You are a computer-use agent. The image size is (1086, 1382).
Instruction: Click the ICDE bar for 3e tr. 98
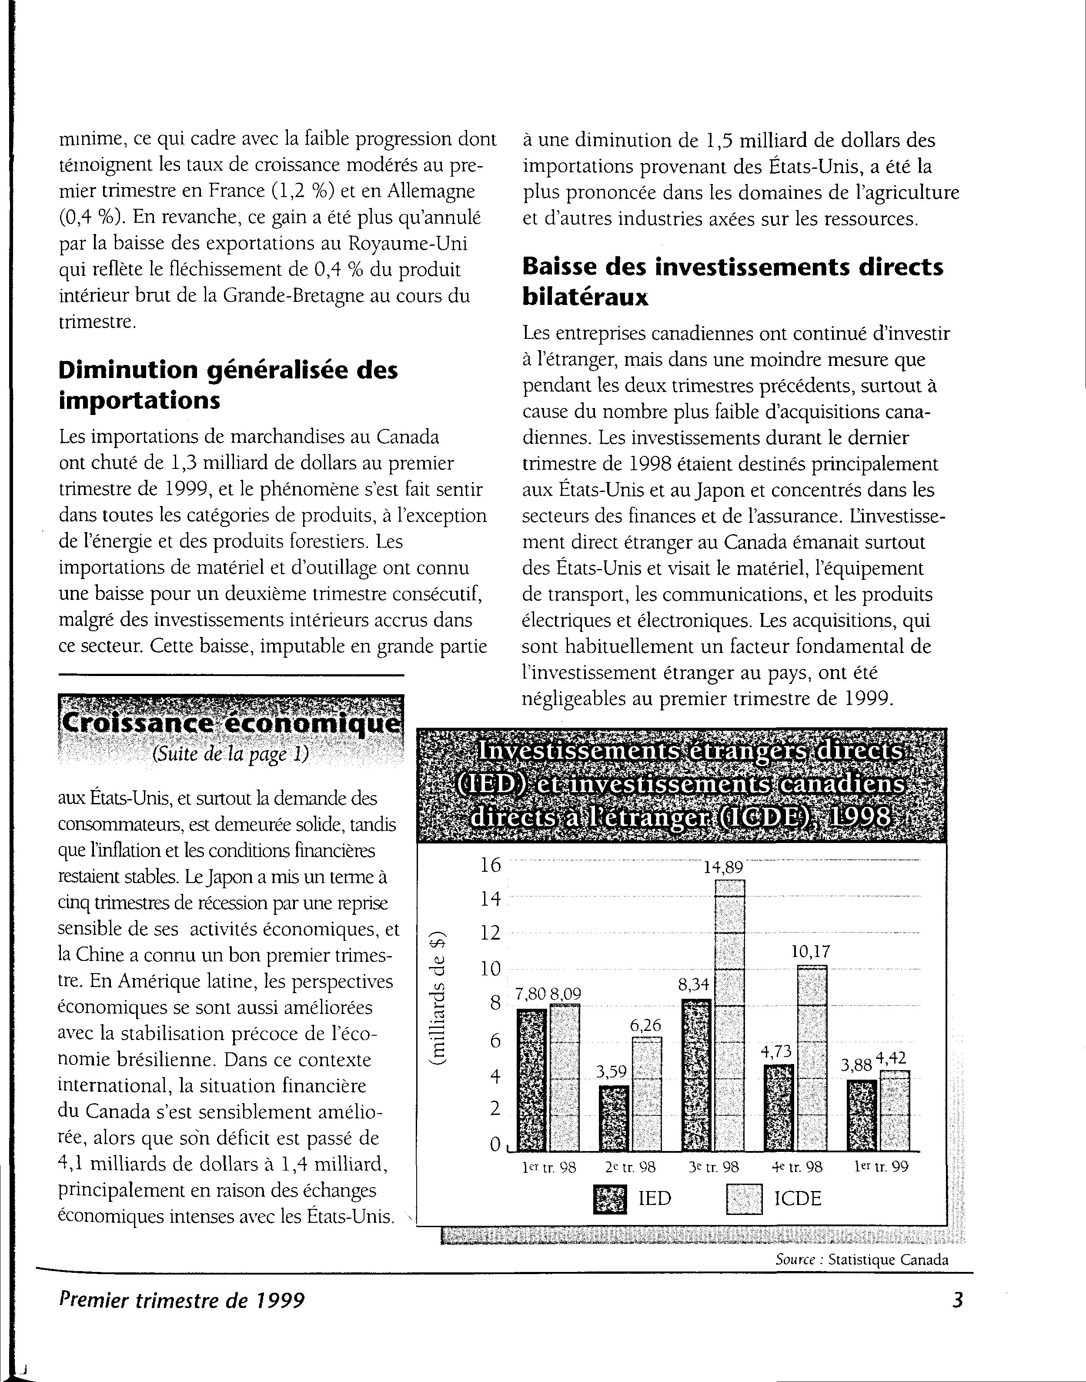pyautogui.click(x=729, y=1016)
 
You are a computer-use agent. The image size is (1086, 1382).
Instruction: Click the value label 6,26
pyautogui.click(x=645, y=1025)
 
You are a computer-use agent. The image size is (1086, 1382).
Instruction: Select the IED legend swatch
pyautogui.click(x=610, y=1199)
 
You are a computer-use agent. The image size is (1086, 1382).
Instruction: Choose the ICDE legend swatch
pyautogui.click(x=744, y=1199)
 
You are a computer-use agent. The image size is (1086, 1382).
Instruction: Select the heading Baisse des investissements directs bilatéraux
pyautogui.click(x=732, y=282)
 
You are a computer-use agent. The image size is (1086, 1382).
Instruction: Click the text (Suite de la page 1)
pyautogui.click(x=230, y=754)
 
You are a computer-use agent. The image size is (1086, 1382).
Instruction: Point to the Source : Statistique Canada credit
pyautogui.click(x=862, y=1260)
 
